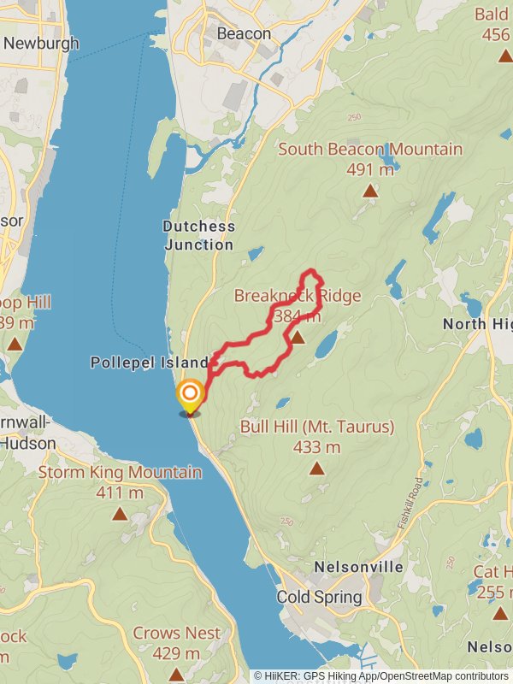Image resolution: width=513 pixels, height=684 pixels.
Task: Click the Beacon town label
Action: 244,34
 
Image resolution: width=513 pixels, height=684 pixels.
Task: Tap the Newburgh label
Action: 40,43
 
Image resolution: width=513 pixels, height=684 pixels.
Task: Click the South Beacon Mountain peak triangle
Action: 369,191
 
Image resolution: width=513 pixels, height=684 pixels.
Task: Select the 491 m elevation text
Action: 369,169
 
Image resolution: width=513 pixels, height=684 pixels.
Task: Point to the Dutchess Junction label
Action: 198,236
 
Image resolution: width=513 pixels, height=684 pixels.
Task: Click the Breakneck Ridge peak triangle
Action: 297,339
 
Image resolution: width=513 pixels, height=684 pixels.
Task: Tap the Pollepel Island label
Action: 150,363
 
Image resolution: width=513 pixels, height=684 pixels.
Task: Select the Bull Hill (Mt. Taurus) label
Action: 316,427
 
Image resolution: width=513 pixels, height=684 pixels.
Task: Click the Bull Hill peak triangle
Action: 316,469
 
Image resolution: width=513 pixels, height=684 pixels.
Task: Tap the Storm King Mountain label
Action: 120,473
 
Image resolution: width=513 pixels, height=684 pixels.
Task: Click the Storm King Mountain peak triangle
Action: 119,514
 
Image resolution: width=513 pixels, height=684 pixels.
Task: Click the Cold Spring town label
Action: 319,597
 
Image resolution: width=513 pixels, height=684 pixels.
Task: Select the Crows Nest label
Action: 176,634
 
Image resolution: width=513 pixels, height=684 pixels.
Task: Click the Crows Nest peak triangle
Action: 176,675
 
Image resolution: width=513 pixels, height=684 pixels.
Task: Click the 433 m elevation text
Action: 316,447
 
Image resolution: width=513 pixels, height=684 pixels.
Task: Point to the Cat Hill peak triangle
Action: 500,613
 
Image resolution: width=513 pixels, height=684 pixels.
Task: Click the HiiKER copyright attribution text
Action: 381,676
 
